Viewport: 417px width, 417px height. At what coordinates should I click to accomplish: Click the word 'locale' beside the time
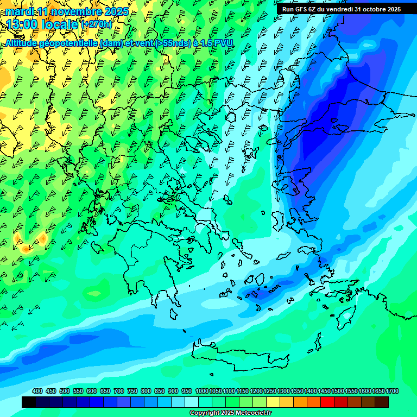[62, 24]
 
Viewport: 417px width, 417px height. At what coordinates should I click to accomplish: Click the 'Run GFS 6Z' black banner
[339, 9]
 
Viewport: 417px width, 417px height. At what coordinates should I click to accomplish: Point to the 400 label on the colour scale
[37, 391]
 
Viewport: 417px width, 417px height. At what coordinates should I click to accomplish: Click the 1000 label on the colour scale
[202, 391]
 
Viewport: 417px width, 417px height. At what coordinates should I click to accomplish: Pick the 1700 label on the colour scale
[378, 391]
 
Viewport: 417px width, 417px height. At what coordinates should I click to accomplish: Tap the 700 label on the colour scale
[119, 391]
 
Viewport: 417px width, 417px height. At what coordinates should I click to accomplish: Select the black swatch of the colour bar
[29, 402]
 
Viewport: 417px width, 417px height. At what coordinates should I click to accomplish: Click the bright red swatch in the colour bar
[327, 402]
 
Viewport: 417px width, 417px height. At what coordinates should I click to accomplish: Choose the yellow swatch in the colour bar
[273, 402]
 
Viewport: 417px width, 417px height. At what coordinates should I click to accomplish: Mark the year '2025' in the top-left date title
[116, 11]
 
